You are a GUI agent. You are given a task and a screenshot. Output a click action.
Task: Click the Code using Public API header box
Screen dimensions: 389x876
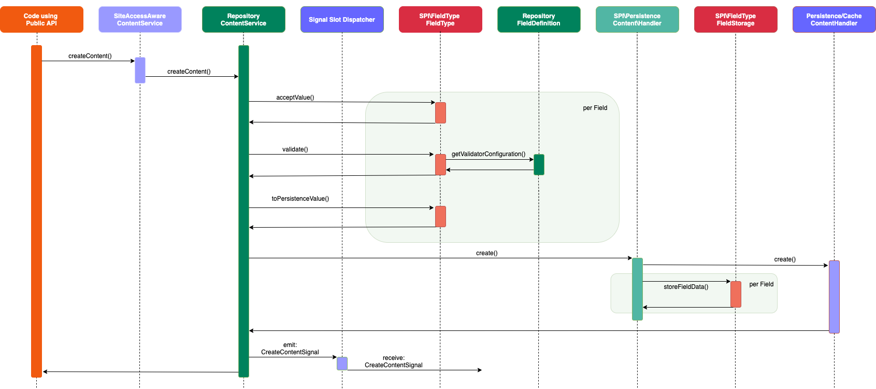click(x=41, y=20)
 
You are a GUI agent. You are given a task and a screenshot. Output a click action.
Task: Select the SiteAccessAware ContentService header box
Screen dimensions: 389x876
click(x=140, y=20)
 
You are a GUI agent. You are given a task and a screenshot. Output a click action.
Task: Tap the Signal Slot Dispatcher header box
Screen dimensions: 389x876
click(x=342, y=20)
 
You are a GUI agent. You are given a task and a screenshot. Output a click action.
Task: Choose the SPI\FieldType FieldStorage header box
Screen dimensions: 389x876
click(x=736, y=20)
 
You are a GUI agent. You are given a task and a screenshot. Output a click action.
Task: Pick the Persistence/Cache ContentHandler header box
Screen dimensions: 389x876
click(x=834, y=20)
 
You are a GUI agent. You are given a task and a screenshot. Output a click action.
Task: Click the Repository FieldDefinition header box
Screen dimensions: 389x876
click(x=539, y=20)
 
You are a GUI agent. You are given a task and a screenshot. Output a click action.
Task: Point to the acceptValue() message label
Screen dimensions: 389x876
click(x=295, y=98)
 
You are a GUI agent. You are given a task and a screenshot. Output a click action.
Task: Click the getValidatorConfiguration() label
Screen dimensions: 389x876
click(x=488, y=154)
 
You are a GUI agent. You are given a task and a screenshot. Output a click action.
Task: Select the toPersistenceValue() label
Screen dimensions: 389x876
click(x=300, y=199)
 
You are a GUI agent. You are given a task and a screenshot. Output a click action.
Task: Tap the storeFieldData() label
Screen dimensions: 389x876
click(x=685, y=287)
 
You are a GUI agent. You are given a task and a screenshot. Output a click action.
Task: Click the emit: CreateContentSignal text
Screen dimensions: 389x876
click(x=290, y=349)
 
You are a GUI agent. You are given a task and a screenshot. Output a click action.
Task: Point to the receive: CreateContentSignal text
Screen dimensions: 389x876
click(x=393, y=362)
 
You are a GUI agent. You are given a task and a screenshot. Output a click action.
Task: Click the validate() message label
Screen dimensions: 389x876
click(x=295, y=149)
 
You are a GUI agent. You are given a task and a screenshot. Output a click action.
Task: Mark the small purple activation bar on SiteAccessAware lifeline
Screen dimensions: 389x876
click(x=140, y=70)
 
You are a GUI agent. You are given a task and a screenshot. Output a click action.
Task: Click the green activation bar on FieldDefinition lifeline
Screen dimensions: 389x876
click(x=539, y=164)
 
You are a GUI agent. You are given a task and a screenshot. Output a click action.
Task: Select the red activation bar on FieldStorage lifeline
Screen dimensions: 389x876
click(x=736, y=294)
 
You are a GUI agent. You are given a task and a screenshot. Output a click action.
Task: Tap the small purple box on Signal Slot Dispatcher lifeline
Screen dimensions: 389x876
click(x=342, y=364)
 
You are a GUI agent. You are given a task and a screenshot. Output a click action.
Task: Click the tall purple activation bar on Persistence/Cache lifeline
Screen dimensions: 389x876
click(x=834, y=297)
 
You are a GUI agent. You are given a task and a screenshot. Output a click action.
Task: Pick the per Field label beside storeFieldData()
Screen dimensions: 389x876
click(x=761, y=284)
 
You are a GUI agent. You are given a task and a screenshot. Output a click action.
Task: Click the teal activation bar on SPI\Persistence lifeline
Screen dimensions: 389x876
click(x=637, y=289)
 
